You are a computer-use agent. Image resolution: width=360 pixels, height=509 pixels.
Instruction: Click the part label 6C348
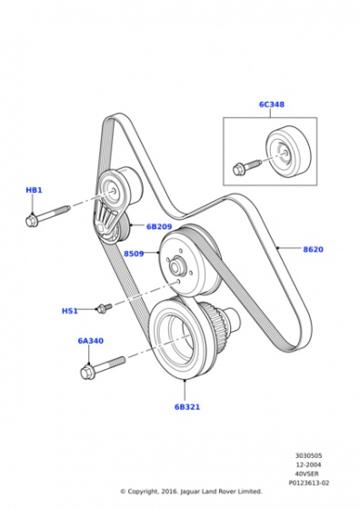(272, 105)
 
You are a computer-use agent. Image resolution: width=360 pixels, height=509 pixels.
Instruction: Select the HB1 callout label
(34, 190)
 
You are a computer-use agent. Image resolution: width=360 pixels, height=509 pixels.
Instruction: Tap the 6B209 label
(159, 226)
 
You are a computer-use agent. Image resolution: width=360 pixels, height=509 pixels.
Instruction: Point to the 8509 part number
(134, 254)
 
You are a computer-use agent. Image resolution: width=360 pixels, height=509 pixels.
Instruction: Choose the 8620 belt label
(313, 249)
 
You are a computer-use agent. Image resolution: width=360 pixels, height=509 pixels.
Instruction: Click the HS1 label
(70, 311)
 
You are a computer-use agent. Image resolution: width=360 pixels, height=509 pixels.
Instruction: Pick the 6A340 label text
(91, 341)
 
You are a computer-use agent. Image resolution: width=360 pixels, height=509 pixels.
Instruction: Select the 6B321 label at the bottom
(187, 407)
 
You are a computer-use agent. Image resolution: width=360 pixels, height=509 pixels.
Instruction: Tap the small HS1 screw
(105, 307)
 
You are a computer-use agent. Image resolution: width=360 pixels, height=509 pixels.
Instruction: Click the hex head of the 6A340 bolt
(87, 372)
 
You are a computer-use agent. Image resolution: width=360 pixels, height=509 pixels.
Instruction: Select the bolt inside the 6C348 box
(246, 166)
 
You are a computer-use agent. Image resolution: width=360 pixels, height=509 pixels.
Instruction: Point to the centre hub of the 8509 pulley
(176, 266)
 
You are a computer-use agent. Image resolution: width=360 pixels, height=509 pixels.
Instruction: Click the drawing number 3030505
(309, 455)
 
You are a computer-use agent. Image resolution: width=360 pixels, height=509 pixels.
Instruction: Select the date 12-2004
(309, 464)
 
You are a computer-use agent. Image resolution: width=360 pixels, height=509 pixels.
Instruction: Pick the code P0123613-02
(309, 483)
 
